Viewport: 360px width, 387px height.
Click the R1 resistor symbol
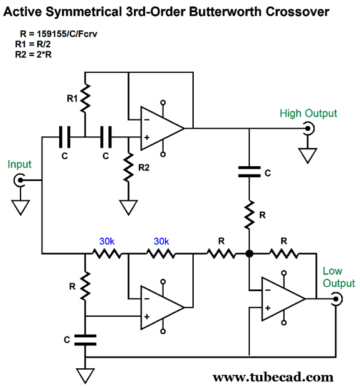85,99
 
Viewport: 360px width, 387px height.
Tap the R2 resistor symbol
128,167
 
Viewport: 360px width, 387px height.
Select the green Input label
19,164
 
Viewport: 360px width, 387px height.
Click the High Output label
308,113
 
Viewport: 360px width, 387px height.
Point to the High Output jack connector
308,128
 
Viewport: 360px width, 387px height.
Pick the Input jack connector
19,180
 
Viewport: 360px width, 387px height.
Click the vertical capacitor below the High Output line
249,172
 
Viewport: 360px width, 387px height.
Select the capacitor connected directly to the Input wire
65,137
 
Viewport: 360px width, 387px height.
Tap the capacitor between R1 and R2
106,137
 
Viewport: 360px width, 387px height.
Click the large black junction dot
250,253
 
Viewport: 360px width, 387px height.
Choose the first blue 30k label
107,241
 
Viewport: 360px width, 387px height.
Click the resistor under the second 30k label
161,253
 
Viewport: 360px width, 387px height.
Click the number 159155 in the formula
49,34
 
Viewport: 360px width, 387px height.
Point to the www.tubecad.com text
273,377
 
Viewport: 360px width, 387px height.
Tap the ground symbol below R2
128,207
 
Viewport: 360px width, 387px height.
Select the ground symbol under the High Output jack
308,156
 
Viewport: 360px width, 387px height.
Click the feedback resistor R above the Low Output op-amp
283,253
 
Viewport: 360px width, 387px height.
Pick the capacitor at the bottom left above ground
85,340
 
